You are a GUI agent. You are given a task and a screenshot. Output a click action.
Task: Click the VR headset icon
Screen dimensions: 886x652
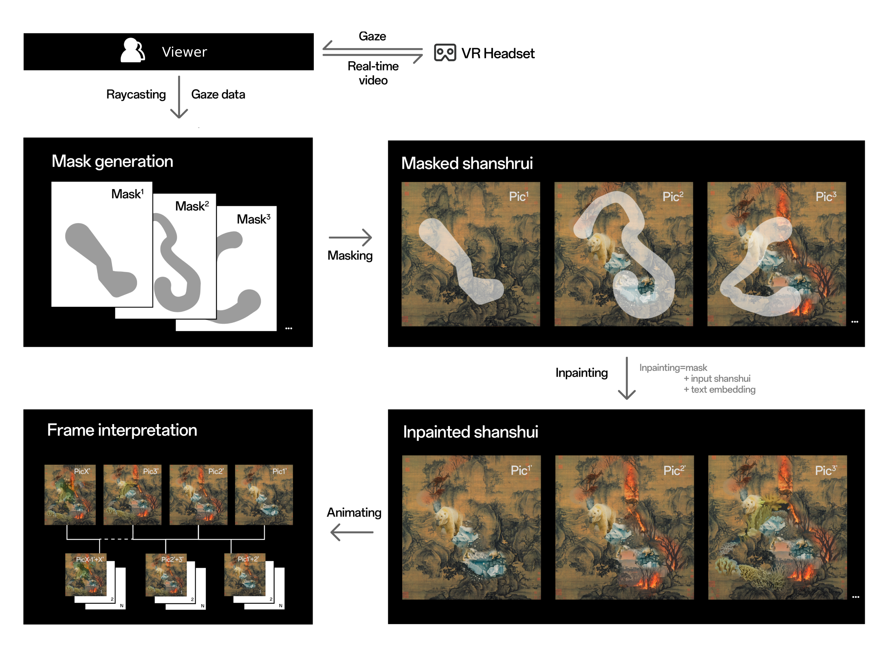coord(445,52)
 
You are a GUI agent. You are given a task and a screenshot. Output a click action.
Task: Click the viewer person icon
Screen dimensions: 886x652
coord(133,50)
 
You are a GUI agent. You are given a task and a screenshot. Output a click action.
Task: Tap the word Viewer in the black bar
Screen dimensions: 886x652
coord(184,52)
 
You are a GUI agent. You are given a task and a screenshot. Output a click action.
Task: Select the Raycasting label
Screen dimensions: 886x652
coord(136,94)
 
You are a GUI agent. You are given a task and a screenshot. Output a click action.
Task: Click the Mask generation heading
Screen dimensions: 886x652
coord(112,161)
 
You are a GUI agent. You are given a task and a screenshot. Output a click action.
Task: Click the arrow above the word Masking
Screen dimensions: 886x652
coord(350,238)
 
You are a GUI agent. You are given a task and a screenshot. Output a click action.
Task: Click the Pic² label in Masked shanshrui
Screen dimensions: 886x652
coord(672,196)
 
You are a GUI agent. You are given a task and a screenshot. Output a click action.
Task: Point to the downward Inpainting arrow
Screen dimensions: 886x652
coord(626,378)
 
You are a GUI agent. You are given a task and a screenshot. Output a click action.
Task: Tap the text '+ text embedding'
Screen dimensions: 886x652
coord(719,390)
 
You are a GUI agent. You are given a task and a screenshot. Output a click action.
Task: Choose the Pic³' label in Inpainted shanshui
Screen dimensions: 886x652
coord(826,470)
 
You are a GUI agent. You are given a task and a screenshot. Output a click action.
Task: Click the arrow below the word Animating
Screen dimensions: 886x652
coord(352,532)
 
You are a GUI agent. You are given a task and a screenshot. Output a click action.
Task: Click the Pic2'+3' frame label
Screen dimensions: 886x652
coord(172,559)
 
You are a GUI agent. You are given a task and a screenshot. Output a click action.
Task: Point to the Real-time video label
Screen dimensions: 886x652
coord(373,73)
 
